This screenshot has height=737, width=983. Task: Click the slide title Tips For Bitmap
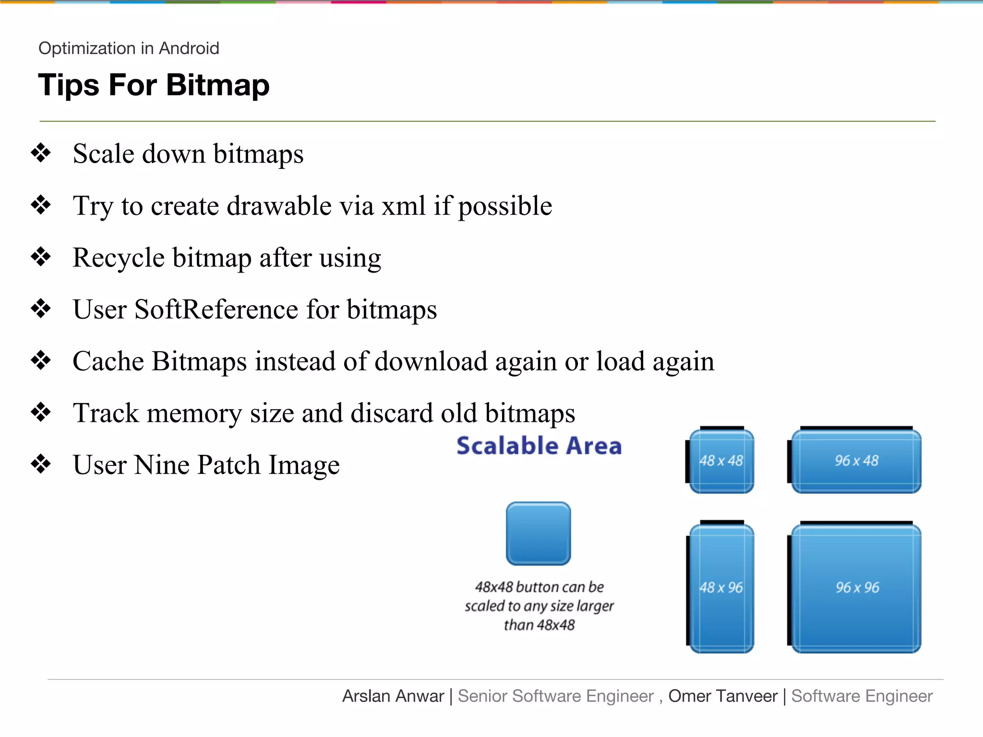154,85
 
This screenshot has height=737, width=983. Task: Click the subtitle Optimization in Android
129,48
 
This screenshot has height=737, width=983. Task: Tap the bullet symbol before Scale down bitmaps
41,154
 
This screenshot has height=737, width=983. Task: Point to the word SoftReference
216,309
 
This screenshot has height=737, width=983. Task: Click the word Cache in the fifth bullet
108,361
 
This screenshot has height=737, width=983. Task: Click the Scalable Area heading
539,446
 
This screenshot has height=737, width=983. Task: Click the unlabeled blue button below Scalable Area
538,534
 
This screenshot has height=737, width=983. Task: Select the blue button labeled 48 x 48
721,461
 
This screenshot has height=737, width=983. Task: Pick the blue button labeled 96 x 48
856,461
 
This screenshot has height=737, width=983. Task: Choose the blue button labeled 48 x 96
721,588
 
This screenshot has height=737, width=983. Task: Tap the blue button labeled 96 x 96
857,588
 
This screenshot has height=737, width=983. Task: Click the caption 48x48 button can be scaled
539,606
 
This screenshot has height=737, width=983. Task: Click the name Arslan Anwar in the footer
393,696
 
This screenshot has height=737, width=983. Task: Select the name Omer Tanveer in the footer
722,696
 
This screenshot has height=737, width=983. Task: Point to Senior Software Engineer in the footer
555,696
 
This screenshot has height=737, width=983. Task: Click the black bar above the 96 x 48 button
856,428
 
